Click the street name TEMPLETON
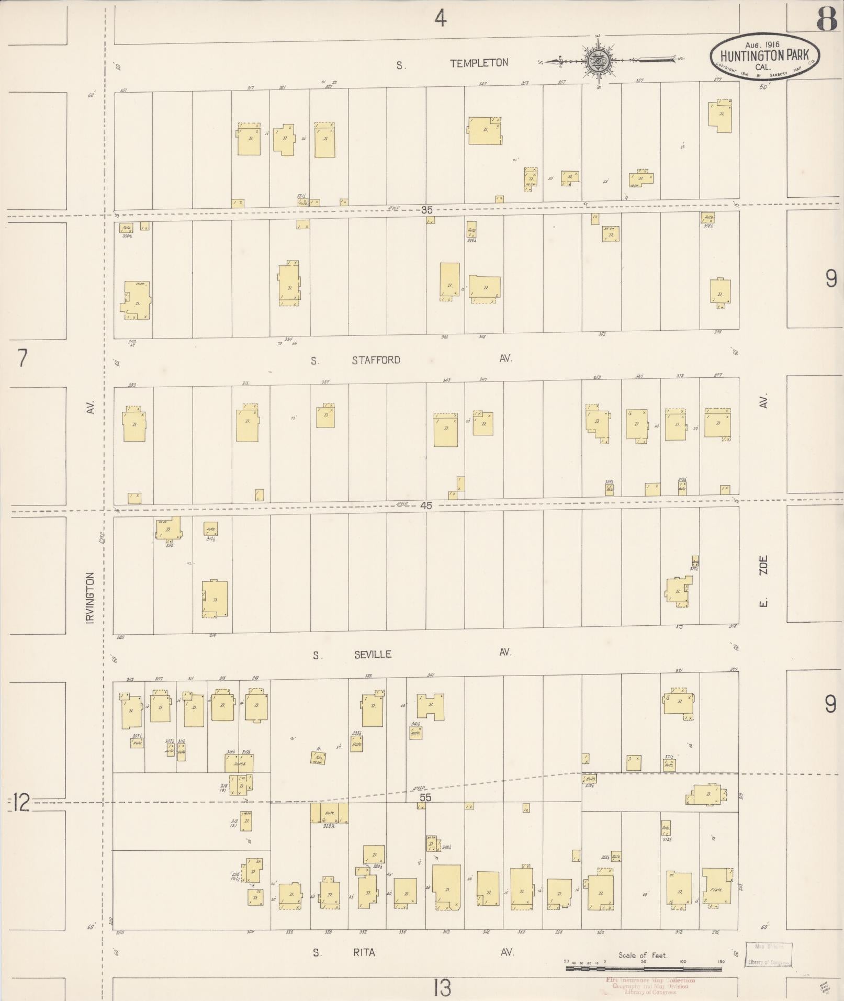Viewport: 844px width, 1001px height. [479, 63]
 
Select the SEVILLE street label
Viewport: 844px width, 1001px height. [373, 655]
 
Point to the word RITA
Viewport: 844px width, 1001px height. [364, 952]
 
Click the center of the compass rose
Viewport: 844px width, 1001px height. [599, 61]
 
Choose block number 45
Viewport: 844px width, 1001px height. [426, 506]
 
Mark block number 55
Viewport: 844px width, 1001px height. [426, 797]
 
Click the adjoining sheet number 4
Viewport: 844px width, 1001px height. [441, 19]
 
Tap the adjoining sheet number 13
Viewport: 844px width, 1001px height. [442, 988]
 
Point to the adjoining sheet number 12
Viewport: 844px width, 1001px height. [21, 802]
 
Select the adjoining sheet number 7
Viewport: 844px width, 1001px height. [22, 359]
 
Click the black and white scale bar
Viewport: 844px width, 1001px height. [644, 970]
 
